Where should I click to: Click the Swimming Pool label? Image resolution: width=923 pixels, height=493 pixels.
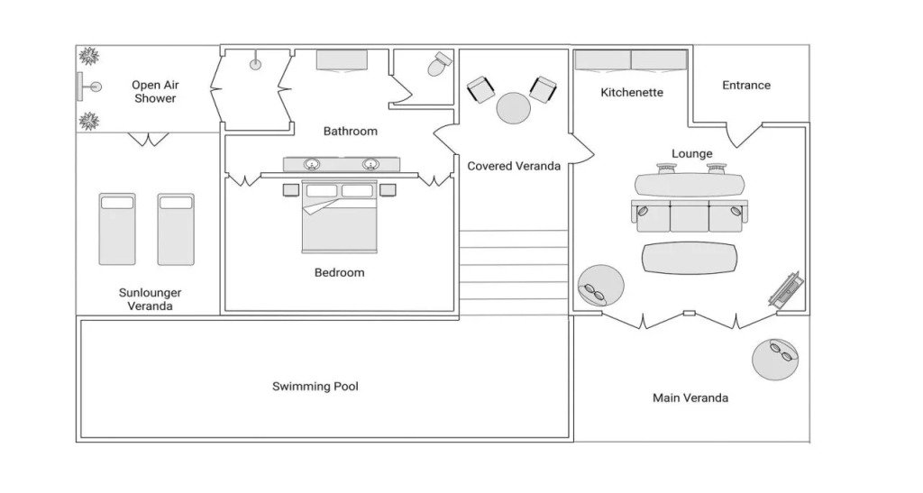(x=315, y=387)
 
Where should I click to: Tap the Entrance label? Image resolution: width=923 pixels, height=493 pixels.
(x=745, y=86)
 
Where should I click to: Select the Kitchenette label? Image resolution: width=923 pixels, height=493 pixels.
(x=632, y=92)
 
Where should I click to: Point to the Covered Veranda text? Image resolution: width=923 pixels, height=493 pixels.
(x=513, y=167)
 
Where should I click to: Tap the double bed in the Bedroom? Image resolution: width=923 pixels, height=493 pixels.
(x=339, y=216)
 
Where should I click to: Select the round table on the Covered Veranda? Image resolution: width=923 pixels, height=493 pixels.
(x=513, y=108)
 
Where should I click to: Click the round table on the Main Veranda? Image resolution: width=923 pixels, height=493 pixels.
(x=776, y=360)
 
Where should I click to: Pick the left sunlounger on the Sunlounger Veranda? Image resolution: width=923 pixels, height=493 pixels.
(x=117, y=229)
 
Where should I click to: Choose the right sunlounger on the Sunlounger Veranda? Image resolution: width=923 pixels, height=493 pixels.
(x=176, y=229)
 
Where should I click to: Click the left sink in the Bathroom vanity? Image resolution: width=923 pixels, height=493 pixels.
(x=311, y=163)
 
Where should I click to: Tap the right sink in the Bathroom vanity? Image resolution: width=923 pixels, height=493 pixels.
(x=370, y=163)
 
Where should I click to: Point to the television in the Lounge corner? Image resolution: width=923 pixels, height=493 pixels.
(x=786, y=289)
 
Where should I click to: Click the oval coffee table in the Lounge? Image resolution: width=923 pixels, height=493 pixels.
(x=689, y=259)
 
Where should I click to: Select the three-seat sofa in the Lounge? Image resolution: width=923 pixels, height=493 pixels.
(x=689, y=216)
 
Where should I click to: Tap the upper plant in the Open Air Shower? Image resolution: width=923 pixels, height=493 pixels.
(x=89, y=57)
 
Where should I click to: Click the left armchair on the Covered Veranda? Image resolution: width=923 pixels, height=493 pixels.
(x=481, y=89)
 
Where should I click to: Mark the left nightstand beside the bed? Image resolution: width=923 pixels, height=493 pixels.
(x=291, y=190)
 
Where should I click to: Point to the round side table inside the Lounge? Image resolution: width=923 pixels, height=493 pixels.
(x=600, y=286)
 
